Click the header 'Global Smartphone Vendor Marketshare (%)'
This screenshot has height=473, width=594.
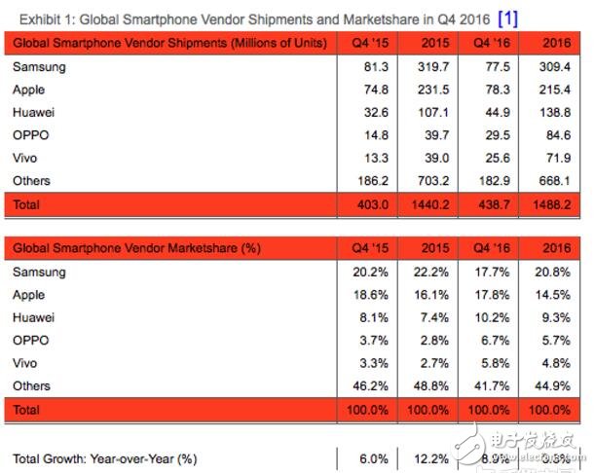[137, 249]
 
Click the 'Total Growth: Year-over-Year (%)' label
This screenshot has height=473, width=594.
[105, 458]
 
